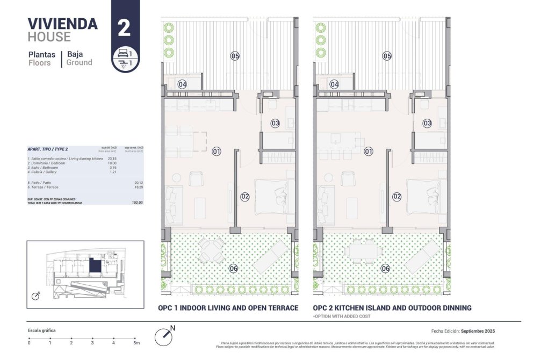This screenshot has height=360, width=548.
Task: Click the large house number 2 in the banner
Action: click(124, 27)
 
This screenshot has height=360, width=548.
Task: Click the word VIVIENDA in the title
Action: click(62, 24)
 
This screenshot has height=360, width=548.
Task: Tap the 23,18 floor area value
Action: click(112, 159)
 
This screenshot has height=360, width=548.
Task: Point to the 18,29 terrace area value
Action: click(139, 187)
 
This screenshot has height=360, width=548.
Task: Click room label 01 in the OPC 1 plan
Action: click(217, 152)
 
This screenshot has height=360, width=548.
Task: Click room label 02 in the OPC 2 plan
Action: click(397, 197)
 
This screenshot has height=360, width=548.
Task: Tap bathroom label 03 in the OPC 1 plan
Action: click(275, 123)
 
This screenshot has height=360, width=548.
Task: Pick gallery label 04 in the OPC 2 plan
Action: click(334, 84)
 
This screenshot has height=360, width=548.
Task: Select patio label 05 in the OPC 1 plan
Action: click(235, 56)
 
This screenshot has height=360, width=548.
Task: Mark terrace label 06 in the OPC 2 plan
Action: click(385, 269)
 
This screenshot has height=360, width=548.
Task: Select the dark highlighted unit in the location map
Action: click(95, 266)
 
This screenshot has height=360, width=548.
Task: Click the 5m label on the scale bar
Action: click(136, 342)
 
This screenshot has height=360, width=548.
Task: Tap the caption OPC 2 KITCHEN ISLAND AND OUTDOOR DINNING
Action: click(392, 308)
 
